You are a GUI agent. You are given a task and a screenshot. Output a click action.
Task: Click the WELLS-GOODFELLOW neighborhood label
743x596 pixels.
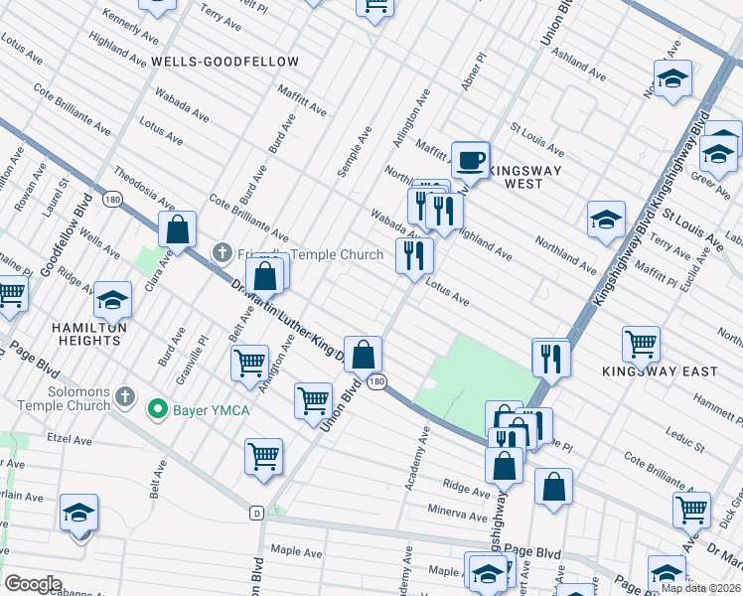tap(224, 62)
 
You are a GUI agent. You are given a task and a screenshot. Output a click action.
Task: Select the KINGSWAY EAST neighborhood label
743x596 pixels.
tap(660, 372)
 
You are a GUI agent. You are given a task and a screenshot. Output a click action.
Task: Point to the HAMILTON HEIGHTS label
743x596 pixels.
tap(89, 334)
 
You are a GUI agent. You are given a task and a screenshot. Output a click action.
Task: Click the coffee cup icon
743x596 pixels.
tap(471, 159)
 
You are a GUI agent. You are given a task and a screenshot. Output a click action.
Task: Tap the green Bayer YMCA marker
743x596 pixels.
tap(156, 408)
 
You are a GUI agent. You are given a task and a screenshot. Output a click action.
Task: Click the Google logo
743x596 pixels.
tap(33, 583)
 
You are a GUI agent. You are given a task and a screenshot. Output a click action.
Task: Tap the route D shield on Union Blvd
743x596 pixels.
tap(256, 513)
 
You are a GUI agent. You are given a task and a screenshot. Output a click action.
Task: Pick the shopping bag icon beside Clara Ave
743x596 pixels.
tap(177, 229)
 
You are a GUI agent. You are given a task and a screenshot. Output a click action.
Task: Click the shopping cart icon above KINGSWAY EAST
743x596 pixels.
tap(641, 346)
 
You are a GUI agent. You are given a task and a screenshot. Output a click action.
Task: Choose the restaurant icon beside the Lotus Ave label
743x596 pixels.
tap(414, 255)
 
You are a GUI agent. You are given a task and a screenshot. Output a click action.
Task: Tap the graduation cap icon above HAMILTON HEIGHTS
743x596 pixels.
tap(113, 300)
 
